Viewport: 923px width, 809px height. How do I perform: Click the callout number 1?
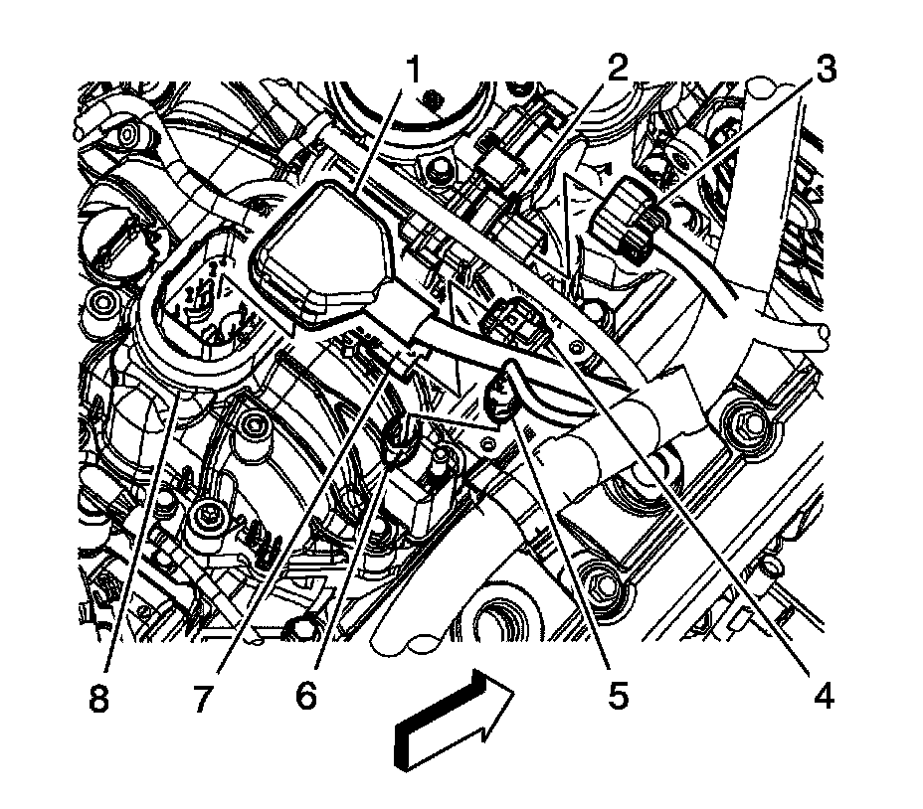click(415, 71)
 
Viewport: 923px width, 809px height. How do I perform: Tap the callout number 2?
click(617, 69)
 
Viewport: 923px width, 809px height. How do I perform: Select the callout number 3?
click(825, 69)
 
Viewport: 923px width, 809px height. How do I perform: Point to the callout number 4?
click(824, 695)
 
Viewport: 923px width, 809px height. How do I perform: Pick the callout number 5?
click(618, 695)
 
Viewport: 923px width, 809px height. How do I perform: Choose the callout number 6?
click(305, 695)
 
